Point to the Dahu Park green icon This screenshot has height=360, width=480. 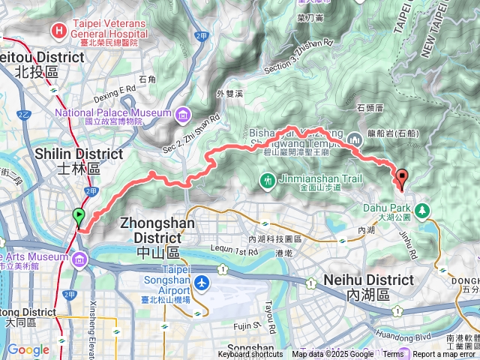[x=422, y=208]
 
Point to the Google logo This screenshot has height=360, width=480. [x=28, y=349]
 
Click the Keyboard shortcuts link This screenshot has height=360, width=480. [x=250, y=355]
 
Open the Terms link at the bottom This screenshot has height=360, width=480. [x=392, y=355]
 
